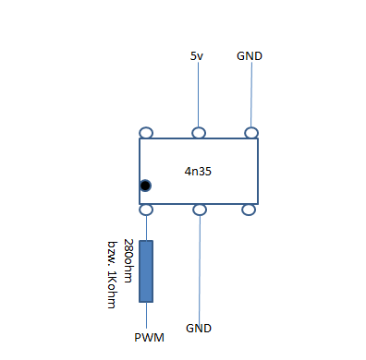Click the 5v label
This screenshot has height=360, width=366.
click(197, 56)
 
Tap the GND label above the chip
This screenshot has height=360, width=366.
click(250, 56)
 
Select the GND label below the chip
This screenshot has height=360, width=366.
click(199, 329)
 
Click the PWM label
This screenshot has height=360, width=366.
click(149, 338)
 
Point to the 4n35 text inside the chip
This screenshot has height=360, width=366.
click(198, 172)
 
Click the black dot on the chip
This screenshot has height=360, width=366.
click(145, 186)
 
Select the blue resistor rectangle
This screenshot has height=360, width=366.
click(146, 271)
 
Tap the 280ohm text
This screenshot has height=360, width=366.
click(128, 260)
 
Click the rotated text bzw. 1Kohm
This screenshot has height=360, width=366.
click(112, 275)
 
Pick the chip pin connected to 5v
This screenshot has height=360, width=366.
click(199, 133)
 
